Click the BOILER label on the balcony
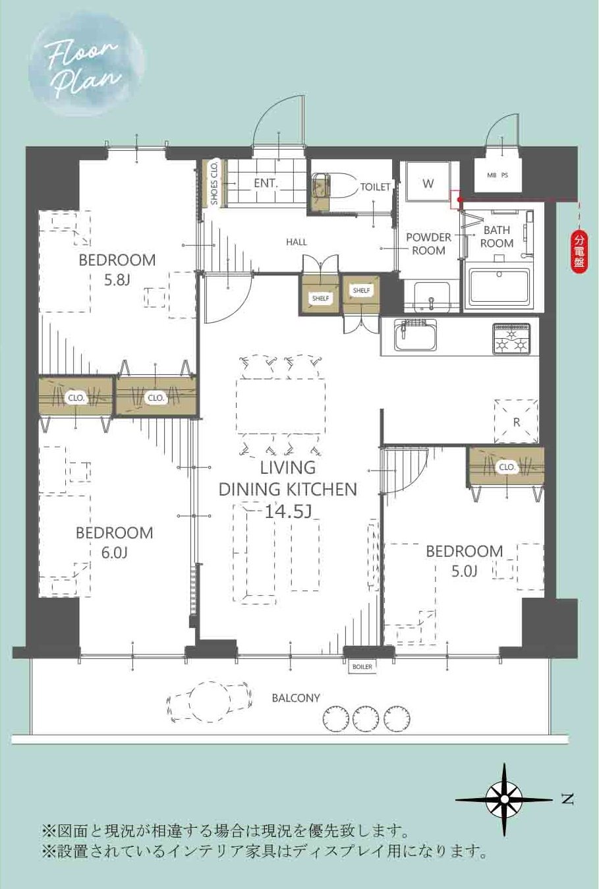pos(362,667)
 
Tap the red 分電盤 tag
pos(579,254)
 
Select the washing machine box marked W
pos(428,183)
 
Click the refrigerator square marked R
pos(516,421)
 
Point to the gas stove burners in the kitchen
pos(511,339)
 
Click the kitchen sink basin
pos(414,335)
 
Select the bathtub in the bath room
pos(499,287)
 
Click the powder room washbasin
pos(432,297)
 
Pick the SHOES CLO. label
pos(214,183)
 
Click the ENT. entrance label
pos(266,183)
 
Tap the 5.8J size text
pos(117,281)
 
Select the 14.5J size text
pos(288,512)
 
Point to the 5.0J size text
pos(464,571)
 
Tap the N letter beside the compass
pos(568,799)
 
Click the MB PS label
pos(498,175)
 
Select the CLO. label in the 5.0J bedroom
pos(507,467)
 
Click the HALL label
pos(297,242)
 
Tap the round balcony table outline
pos(210,701)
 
